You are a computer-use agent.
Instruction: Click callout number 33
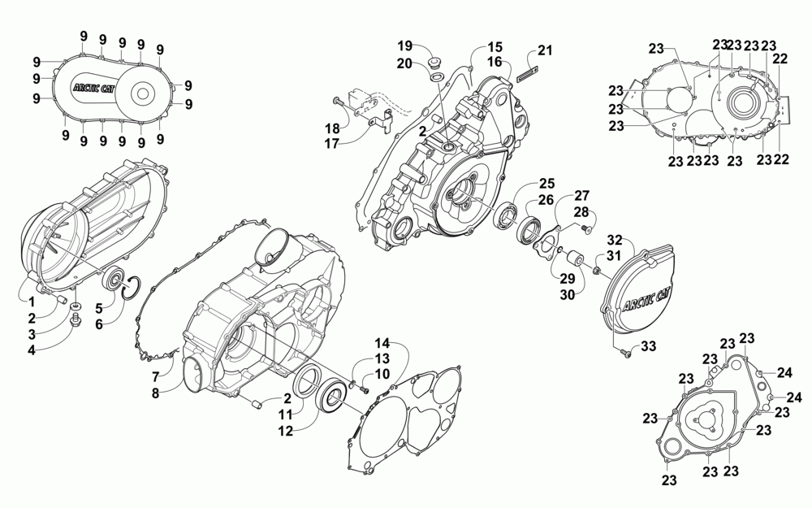point(647,346)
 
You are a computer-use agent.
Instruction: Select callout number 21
point(544,51)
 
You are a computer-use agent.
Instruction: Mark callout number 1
point(29,302)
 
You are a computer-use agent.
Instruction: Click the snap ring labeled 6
point(136,289)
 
